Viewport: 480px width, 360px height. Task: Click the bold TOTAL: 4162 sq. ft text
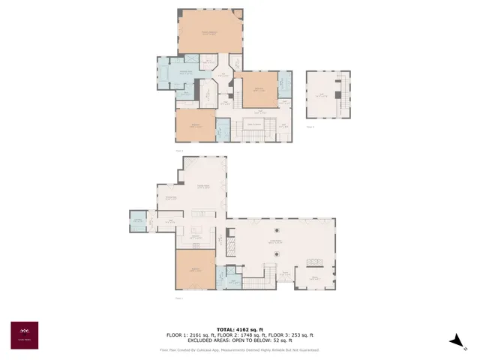240,330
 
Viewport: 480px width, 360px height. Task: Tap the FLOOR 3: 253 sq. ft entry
289,335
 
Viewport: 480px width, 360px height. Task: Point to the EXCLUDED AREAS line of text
240,340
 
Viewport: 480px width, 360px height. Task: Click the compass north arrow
454,340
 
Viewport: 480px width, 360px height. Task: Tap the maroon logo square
24,334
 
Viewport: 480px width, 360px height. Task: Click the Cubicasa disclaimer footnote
240,349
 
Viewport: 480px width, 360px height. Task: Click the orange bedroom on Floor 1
195,270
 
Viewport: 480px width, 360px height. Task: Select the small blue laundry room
138,220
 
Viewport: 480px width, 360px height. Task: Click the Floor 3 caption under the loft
310,127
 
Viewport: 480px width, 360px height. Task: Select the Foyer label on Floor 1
285,274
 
